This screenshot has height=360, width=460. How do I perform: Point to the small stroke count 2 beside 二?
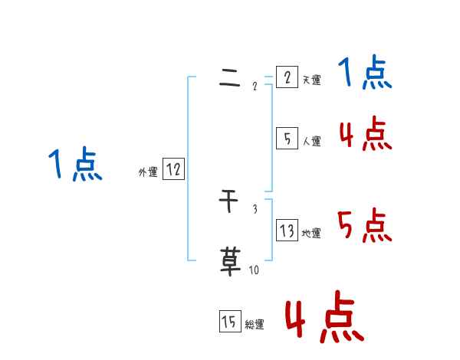pyautogui.click(x=255, y=86)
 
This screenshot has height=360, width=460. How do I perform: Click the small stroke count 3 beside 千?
pyautogui.click(x=255, y=209)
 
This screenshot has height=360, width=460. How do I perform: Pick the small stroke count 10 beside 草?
pyautogui.click(x=254, y=270)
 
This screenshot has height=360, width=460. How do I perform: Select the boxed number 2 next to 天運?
pyautogui.click(x=287, y=77)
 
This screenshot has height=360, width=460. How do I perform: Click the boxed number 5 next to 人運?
pyautogui.click(x=287, y=139)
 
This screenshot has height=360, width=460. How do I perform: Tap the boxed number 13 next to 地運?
pyautogui.click(x=287, y=231)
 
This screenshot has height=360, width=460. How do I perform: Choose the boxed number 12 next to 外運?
pyautogui.click(x=173, y=170)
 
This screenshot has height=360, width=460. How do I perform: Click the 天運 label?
pyautogui.click(x=311, y=80)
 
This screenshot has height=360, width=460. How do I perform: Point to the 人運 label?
pyautogui.click(x=311, y=142)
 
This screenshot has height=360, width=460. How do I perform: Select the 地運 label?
pyautogui.click(x=311, y=234)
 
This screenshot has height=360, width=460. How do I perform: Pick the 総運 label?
pyautogui.click(x=255, y=325)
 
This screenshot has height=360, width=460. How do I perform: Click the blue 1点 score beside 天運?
pyautogui.click(x=365, y=74)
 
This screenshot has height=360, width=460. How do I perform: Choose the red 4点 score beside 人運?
pyautogui.click(x=365, y=135)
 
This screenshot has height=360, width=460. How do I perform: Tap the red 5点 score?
pyautogui.click(x=365, y=226)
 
